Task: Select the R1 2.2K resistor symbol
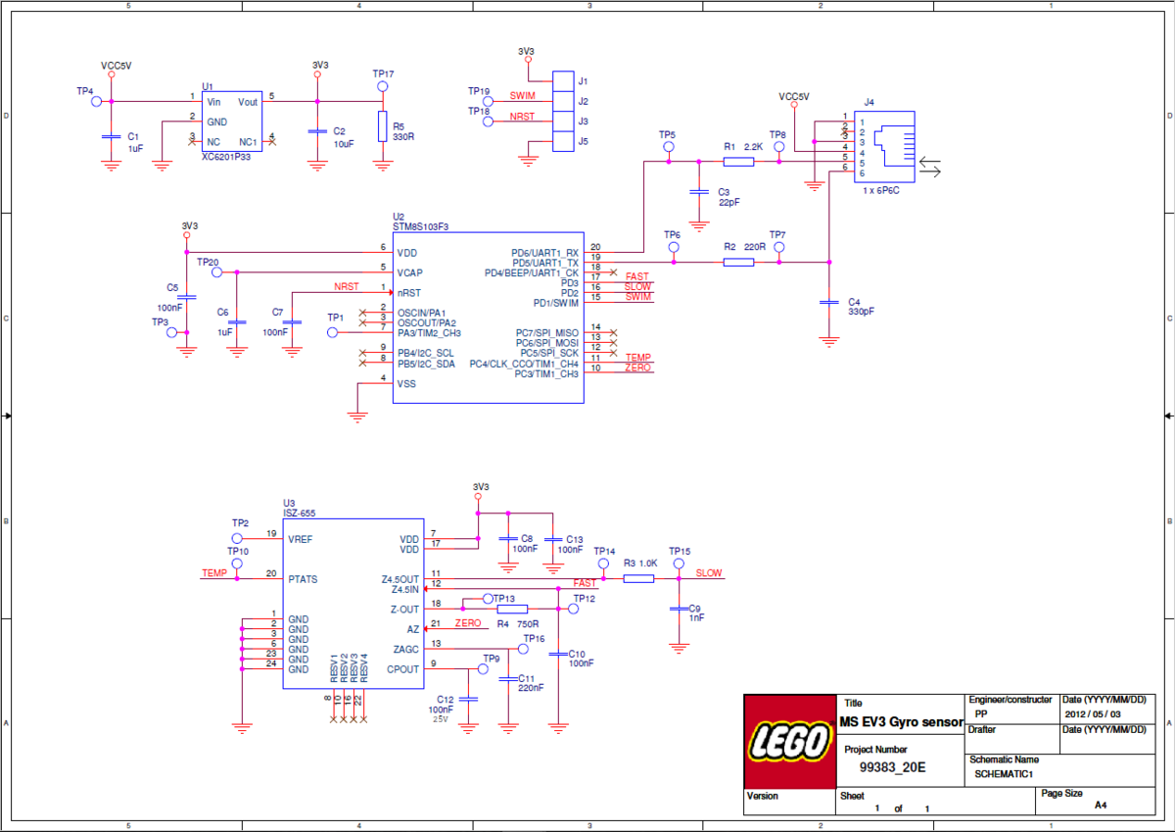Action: (x=737, y=162)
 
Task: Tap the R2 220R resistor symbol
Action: (x=737, y=263)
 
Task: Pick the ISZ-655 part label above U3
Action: (x=300, y=514)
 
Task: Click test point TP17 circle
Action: (x=383, y=86)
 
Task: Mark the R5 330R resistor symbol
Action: (x=383, y=126)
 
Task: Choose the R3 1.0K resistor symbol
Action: (x=638, y=578)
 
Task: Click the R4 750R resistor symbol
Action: (x=512, y=609)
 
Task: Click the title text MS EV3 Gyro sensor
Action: (x=902, y=722)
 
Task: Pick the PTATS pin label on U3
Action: (x=303, y=579)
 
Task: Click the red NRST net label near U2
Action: (x=347, y=287)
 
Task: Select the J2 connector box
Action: (x=562, y=101)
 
